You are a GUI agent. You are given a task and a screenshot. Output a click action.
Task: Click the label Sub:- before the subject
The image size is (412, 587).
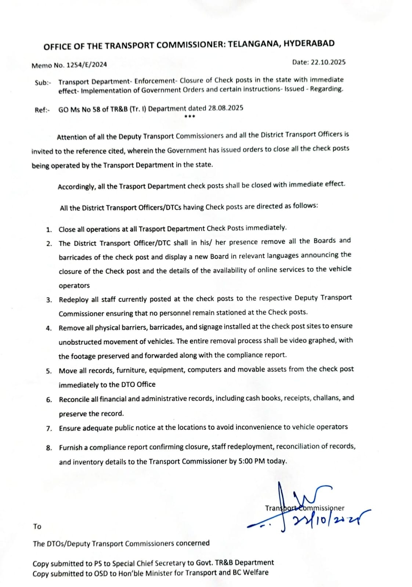[x=43, y=83]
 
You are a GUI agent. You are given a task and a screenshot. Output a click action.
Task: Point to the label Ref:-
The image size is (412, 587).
[x=42, y=110]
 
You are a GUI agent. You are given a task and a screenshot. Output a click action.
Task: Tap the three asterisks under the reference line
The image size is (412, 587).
[x=189, y=117]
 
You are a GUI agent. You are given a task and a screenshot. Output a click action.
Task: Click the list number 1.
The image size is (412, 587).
[x=49, y=230]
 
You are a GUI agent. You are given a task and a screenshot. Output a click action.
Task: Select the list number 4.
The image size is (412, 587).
[x=49, y=328]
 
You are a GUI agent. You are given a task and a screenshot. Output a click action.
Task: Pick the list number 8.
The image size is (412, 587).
[x=49, y=448]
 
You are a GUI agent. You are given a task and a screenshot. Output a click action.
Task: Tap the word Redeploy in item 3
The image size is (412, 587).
[x=74, y=300]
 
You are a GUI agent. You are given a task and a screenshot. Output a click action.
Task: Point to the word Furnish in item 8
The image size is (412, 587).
[x=71, y=448]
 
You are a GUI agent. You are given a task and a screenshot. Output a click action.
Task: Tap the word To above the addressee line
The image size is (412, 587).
[x=37, y=526]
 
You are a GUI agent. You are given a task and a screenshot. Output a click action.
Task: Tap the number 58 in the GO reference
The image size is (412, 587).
[x=97, y=109]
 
